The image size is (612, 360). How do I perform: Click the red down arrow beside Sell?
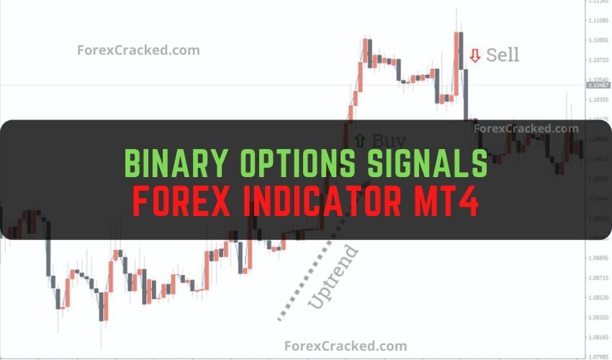point(474,55)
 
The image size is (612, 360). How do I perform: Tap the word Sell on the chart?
point(503,55)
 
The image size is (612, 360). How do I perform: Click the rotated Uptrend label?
point(333,277)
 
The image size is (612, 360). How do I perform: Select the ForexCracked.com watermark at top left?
point(138,50)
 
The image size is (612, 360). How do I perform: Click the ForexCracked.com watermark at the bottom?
point(346,346)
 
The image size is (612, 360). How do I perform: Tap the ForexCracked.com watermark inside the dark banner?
point(526,129)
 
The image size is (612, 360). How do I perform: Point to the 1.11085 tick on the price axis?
point(598,21)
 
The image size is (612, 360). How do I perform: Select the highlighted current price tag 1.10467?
point(599,86)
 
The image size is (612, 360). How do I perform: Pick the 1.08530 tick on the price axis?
point(598,297)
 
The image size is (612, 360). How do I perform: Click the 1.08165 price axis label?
point(598,336)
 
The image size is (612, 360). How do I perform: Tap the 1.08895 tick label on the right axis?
point(598,257)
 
